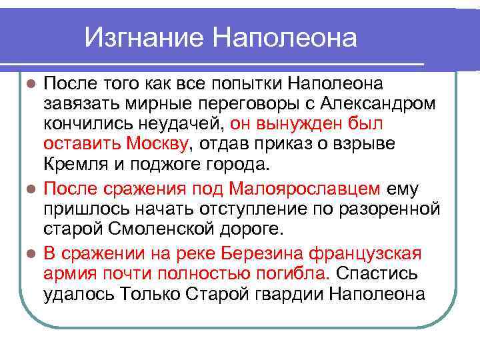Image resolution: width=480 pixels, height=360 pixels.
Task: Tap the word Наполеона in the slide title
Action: coord(285,37)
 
